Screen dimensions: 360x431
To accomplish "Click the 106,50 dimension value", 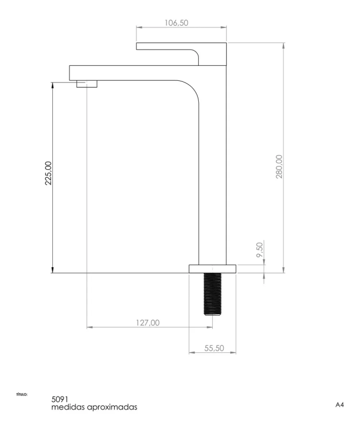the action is (176, 23).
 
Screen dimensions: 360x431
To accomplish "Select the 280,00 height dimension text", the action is (279, 166).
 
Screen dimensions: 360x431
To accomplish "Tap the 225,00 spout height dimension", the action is (48, 173).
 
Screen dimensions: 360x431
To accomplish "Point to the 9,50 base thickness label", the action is (259, 249).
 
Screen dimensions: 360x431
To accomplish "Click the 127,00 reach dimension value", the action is (148, 322).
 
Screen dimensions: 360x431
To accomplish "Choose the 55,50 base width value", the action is (214, 348).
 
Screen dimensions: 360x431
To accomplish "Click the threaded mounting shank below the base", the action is (212, 294).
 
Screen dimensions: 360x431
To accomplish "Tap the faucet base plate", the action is (212, 269).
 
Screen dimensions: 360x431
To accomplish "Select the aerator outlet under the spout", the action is (87, 84).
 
